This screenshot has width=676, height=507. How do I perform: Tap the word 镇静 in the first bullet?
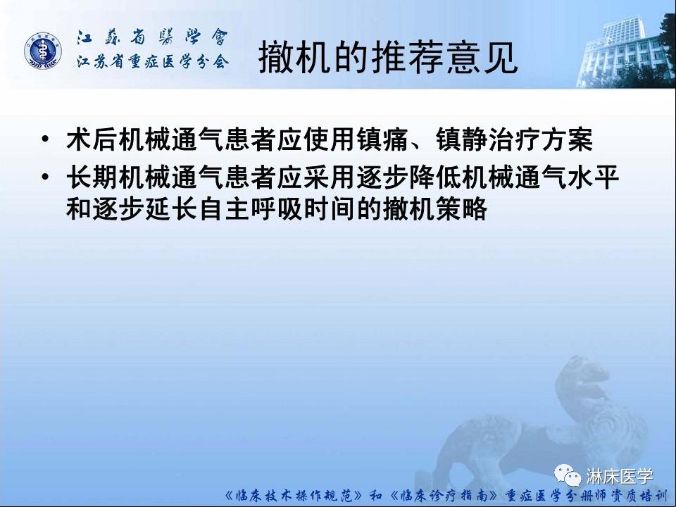coord(453,139)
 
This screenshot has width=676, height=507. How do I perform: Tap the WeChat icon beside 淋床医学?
coord(569,476)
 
